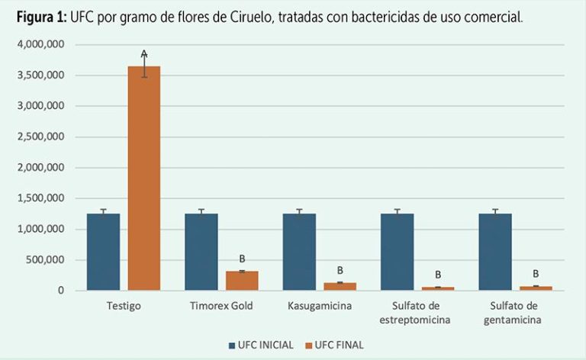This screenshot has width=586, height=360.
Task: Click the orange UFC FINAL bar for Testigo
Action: (x=144, y=178)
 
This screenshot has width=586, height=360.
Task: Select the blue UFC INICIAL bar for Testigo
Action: (x=104, y=252)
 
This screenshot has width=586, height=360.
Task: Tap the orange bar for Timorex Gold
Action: (x=242, y=281)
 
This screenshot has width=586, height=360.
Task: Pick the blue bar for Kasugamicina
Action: (x=299, y=252)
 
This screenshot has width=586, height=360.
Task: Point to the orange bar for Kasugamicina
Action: (x=340, y=287)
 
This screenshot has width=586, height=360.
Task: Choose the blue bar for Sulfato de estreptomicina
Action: (x=398, y=252)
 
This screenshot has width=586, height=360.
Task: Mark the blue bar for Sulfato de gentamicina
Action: (x=495, y=252)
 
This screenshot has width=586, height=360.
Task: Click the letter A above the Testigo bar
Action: (x=144, y=54)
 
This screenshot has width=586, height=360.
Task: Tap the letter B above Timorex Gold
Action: (x=242, y=259)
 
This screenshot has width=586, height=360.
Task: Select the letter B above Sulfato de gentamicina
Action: (x=536, y=274)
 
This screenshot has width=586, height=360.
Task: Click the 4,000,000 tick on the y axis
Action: (x=41, y=44)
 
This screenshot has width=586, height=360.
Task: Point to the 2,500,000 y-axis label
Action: (x=41, y=137)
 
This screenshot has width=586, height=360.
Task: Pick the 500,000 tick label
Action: (x=45, y=259)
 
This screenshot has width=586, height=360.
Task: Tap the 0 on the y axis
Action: (x=61, y=290)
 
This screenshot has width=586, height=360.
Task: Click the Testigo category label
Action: (x=124, y=306)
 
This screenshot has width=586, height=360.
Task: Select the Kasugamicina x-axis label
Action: (x=320, y=306)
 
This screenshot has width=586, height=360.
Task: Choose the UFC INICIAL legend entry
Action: (x=261, y=345)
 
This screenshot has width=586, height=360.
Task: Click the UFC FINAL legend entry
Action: (x=334, y=345)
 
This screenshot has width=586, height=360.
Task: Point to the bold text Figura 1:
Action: (x=41, y=18)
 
